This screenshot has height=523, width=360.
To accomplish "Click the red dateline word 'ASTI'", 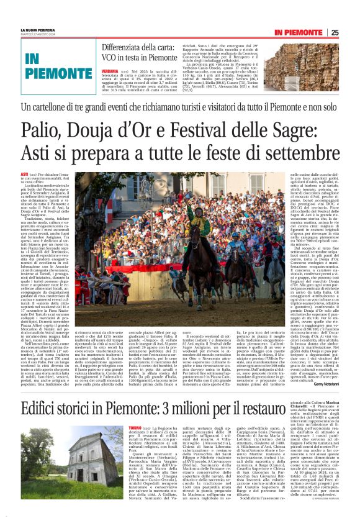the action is click(25, 175).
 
